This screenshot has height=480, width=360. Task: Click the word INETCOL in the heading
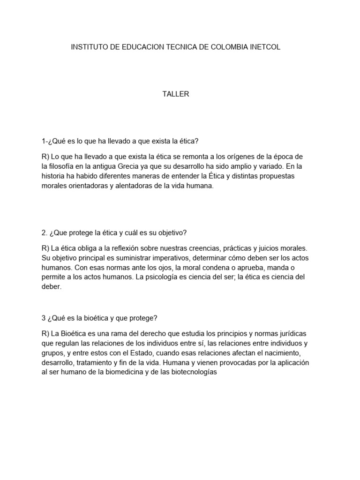tap(265, 47)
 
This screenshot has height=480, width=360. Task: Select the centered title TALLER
tap(176, 94)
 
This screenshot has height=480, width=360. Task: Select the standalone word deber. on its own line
tap(52, 287)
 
